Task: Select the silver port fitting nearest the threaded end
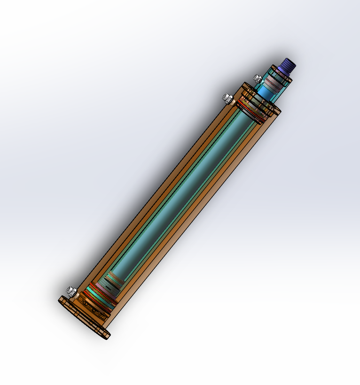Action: tap(258, 78)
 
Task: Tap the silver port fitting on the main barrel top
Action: tap(227, 99)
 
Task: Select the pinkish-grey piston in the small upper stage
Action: tap(272, 85)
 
